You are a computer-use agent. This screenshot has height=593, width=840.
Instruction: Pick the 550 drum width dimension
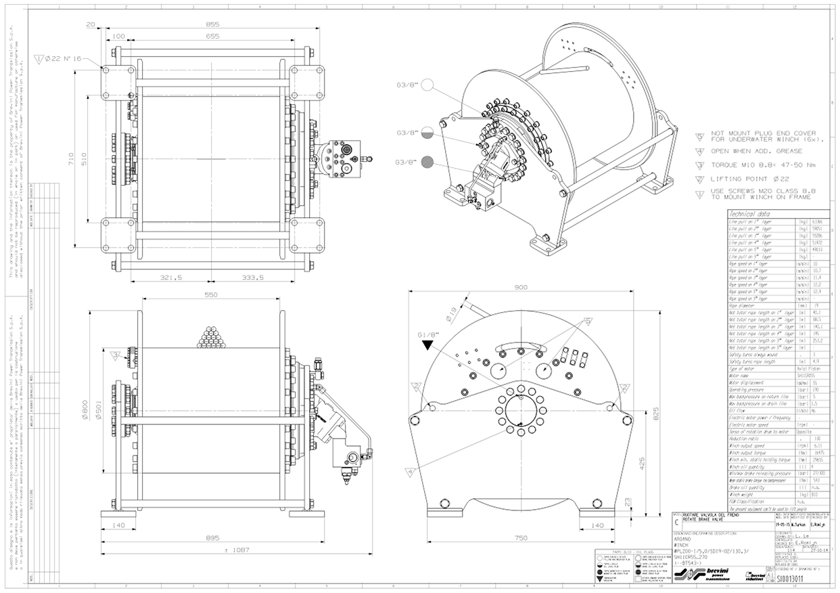212,295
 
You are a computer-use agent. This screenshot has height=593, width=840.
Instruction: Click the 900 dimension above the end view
521,288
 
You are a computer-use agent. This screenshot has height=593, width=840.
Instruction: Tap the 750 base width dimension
521,538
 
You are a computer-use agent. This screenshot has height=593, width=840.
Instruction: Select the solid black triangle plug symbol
427,346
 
